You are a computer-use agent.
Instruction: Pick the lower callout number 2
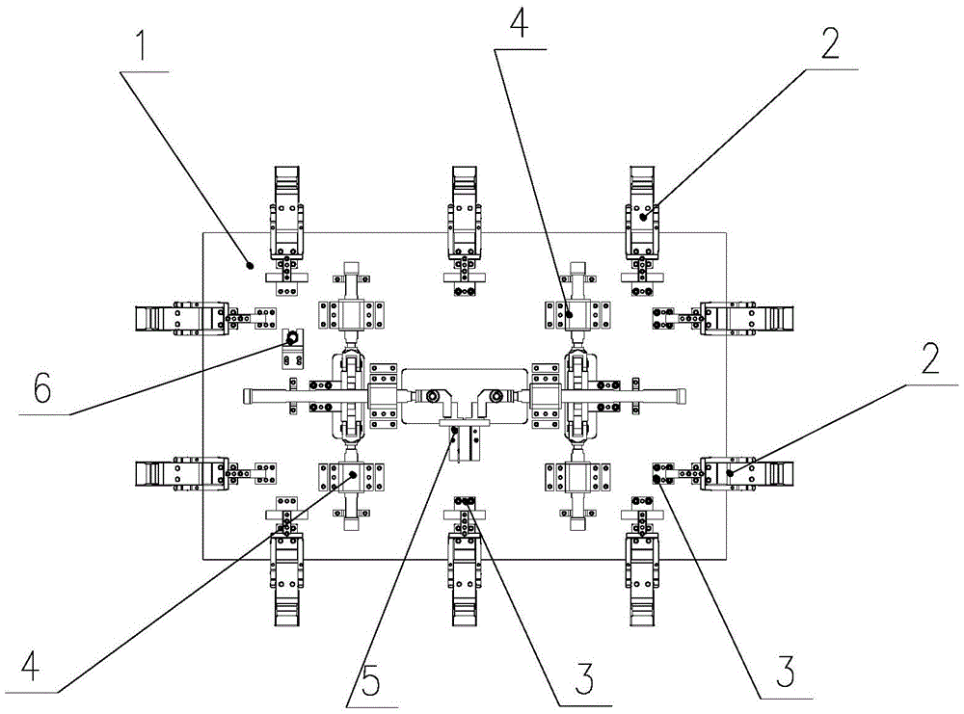click(927, 360)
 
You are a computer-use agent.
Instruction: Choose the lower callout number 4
click(30, 665)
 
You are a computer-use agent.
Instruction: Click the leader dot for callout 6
click(289, 338)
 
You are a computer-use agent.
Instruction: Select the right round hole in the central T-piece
click(495, 396)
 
